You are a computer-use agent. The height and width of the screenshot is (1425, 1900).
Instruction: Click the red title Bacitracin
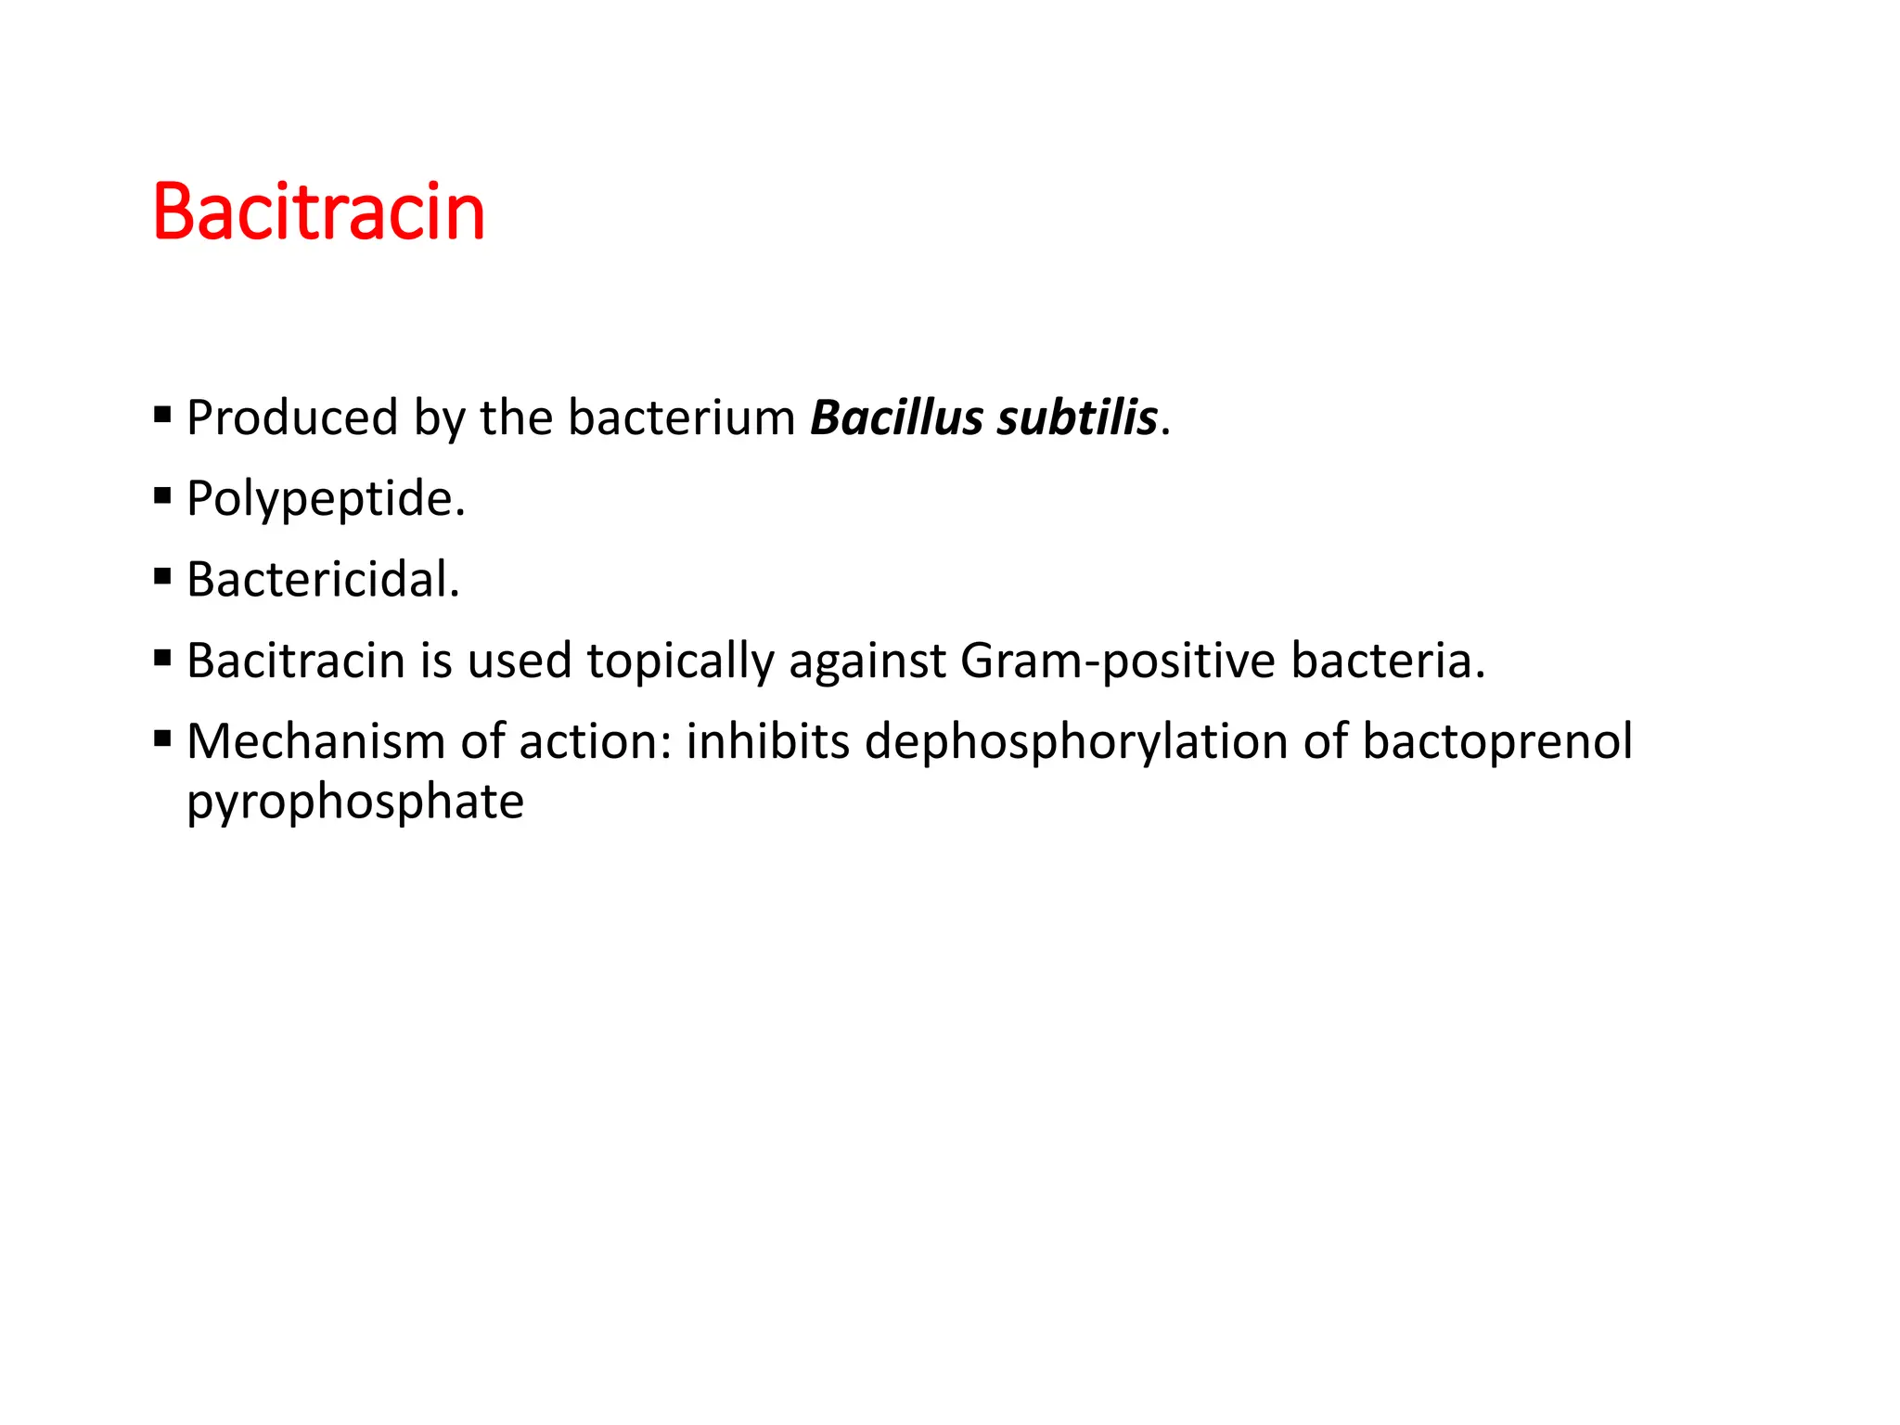318,212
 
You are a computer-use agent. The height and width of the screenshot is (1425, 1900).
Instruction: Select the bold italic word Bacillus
896,417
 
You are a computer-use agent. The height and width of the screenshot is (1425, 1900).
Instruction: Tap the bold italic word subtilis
1077,417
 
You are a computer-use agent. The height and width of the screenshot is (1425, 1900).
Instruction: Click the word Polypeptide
326,499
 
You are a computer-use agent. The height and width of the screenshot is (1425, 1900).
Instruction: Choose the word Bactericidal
323,580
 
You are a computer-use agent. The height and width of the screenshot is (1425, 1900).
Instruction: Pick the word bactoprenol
1496,742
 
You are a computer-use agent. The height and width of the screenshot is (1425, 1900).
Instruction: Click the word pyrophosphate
355,802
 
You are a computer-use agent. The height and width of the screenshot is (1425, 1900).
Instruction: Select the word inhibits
767,742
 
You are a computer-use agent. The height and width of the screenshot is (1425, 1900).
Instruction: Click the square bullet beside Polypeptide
163,495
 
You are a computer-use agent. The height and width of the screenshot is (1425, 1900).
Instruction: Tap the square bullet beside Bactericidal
163,577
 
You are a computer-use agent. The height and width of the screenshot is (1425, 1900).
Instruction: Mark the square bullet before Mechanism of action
163,738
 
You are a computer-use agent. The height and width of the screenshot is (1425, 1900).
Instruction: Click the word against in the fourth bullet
867,661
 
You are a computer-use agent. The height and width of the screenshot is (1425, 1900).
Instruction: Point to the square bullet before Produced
163,415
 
